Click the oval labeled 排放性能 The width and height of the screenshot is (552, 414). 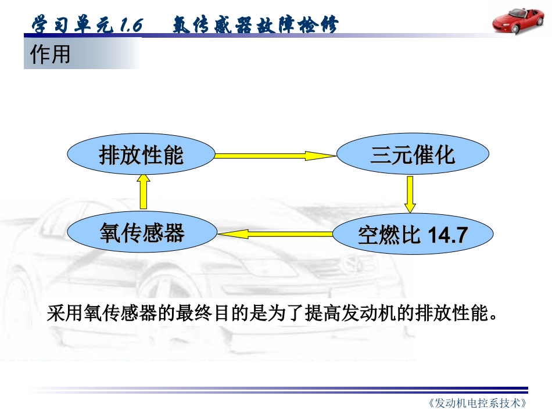click(x=141, y=155)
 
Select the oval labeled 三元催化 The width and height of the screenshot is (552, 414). click(x=412, y=155)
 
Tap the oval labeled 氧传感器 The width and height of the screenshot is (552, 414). click(x=141, y=233)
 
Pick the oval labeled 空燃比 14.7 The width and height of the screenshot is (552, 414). click(x=412, y=235)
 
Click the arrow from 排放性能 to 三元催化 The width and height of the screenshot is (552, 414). click(x=276, y=156)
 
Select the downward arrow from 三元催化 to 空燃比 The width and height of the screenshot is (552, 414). click(x=411, y=195)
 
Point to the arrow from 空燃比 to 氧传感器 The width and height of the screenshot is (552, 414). click(x=276, y=234)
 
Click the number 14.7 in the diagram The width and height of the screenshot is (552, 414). click(x=447, y=235)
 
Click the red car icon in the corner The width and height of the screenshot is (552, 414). click(x=518, y=21)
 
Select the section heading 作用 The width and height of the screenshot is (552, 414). click(x=51, y=55)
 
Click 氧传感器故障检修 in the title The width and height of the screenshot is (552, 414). click(x=255, y=26)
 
